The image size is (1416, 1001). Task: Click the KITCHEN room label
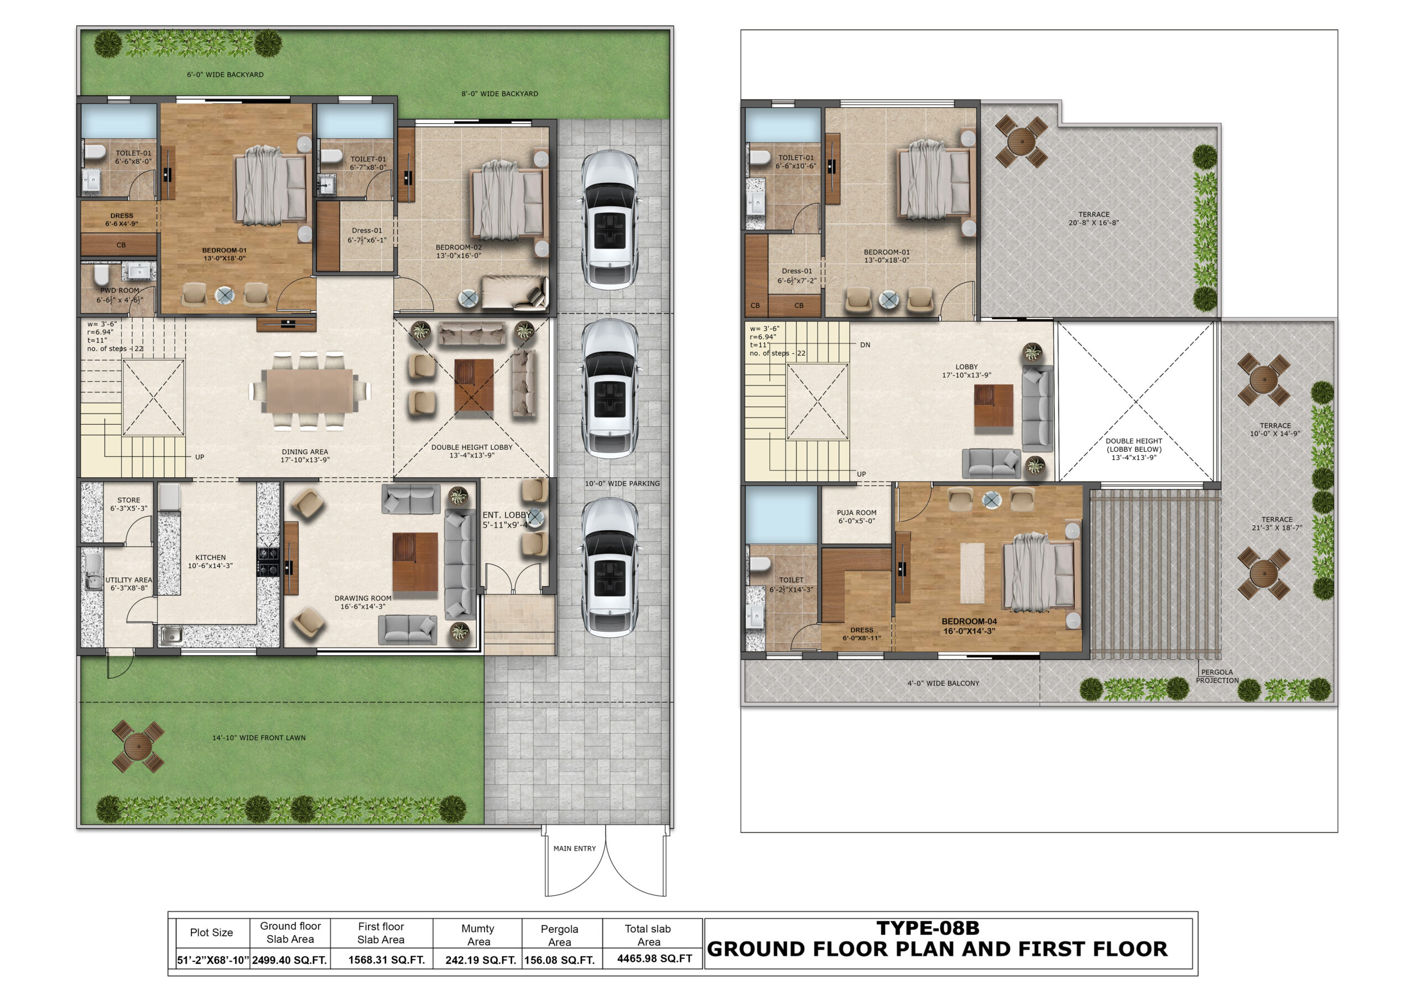(210, 557)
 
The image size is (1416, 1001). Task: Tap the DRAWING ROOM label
(363, 598)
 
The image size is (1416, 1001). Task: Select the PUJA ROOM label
(857, 513)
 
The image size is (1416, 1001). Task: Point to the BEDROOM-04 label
(969, 622)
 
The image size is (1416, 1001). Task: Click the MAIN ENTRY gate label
(574, 849)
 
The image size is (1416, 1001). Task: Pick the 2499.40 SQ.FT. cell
(289, 960)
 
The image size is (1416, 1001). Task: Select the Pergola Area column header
(559, 935)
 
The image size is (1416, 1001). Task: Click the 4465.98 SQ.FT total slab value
(654, 958)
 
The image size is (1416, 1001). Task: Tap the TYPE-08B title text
(928, 928)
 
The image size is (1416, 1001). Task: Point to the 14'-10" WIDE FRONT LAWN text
(259, 738)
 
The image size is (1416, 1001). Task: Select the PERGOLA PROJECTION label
(1217, 676)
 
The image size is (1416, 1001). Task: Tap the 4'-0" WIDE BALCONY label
(943, 684)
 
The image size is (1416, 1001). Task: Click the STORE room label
(128, 500)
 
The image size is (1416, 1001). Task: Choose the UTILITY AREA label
(128, 580)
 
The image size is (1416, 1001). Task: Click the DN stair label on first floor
(865, 345)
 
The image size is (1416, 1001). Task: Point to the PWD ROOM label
(119, 290)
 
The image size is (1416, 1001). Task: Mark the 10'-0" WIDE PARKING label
(622, 483)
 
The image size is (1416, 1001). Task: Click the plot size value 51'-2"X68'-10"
(213, 960)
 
